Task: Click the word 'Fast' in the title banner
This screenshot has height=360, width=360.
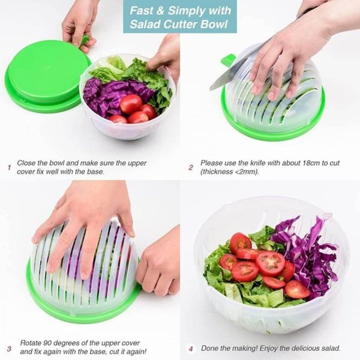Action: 141,11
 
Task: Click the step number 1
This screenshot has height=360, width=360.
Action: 9,167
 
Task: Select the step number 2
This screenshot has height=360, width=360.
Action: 191,167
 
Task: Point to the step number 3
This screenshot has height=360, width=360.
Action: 9,349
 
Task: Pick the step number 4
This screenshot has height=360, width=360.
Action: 191,349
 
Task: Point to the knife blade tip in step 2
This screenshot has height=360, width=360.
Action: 211,89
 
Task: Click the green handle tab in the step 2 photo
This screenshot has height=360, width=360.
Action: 228,61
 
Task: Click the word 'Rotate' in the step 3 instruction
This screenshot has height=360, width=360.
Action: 31,343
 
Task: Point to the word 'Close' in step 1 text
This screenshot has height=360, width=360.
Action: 26,163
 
